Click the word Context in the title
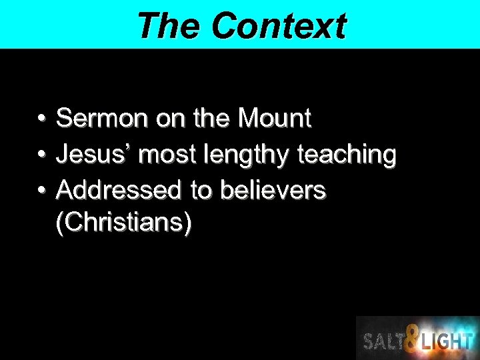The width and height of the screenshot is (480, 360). tap(279, 27)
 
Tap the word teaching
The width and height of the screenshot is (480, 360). tap(347, 155)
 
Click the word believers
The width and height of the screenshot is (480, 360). tap(273, 191)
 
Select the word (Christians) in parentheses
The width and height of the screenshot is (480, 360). tap(125, 223)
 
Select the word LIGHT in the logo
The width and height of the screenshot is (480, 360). tap(447, 341)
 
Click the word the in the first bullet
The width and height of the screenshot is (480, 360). tap(211, 119)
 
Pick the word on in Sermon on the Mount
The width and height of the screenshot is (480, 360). tap(171, 119)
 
